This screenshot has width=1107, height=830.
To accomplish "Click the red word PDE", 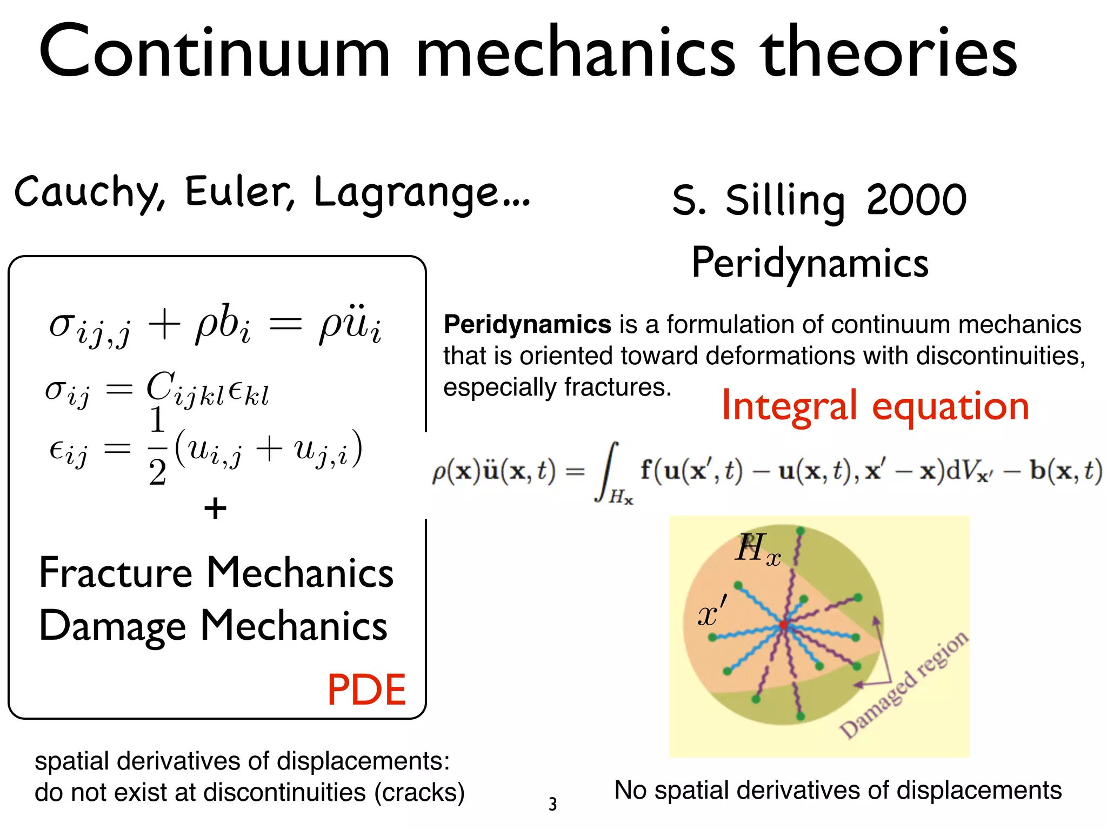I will (x=366, y=690).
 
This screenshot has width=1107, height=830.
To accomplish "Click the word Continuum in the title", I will (x=214, y=53).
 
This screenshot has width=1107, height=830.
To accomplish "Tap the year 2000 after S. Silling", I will (x=916, y=199).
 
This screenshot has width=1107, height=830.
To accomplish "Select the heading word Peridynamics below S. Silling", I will (x=810, y=263).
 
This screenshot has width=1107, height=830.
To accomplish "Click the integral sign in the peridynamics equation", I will (x=609, y=471).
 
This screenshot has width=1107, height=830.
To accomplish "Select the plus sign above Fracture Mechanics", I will (x=215, y=508).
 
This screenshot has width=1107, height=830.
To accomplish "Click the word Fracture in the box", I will (x=116, y=573).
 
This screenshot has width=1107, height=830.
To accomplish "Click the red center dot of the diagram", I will (x=783, y=625).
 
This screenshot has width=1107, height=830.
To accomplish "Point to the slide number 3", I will (x=552, y=804).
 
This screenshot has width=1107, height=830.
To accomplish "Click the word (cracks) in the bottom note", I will (x=419, y=793).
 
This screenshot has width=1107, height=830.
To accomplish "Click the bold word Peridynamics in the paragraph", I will (x=527, y=325).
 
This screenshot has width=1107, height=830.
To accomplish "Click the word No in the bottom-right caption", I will (x=630, y=791).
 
